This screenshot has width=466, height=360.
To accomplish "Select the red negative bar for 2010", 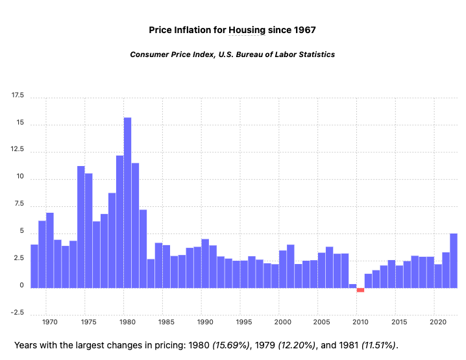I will [360, 290].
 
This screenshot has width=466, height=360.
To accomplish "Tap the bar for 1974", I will [81, 227].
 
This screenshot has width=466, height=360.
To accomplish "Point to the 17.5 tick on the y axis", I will [17, 96].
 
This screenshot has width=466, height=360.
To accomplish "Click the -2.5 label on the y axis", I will [17, 314].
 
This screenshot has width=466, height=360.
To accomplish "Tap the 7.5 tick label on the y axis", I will [18, 205].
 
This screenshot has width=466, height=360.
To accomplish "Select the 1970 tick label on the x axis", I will [49, 322].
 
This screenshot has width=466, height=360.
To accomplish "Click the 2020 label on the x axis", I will [438, 322].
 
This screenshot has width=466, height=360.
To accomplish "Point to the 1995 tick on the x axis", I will [244, 322].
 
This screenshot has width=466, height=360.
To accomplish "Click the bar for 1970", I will [50, 250].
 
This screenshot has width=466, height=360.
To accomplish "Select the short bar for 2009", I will [352, 285].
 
